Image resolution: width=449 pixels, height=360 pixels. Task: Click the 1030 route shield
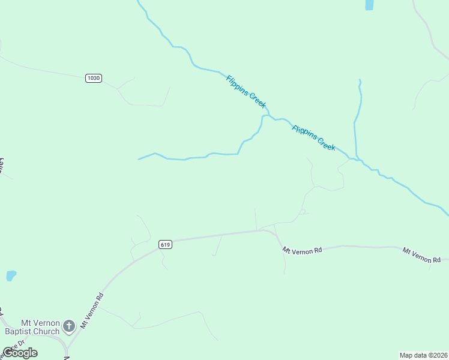pyautogui.click(x=94, y=78)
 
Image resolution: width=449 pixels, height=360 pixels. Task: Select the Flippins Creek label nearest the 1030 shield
pyautogui.click(x=246, y=91)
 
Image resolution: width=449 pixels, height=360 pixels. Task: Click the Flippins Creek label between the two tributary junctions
pyautogui.click(x=313, y=138)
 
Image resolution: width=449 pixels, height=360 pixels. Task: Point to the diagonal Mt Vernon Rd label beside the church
pyautogui.click(x=92, y=310)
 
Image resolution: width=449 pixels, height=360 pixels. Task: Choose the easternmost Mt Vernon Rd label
pyautogui.click(x=421, y=256)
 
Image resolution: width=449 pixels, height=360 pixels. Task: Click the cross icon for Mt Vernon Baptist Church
pyautogui.click(x=69, y=326)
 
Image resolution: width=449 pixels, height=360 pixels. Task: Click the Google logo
pyautogui.click(x=20, y=353)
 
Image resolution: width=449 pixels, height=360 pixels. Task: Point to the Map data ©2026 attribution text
pyautogui.click(x=423, y=355)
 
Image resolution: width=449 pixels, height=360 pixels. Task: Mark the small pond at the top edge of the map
pyautogui.click(x=369, y=5)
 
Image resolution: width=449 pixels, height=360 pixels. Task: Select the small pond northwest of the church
pyautogui.click(x=11, y=275)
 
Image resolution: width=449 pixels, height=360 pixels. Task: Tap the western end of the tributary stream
pyautogui.click(x=139, y=159)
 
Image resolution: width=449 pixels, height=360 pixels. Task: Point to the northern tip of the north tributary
pyautogui.click(x=360, y=80)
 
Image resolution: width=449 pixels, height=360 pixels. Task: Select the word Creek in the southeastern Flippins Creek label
pyautogui.click(x=325, y=145)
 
